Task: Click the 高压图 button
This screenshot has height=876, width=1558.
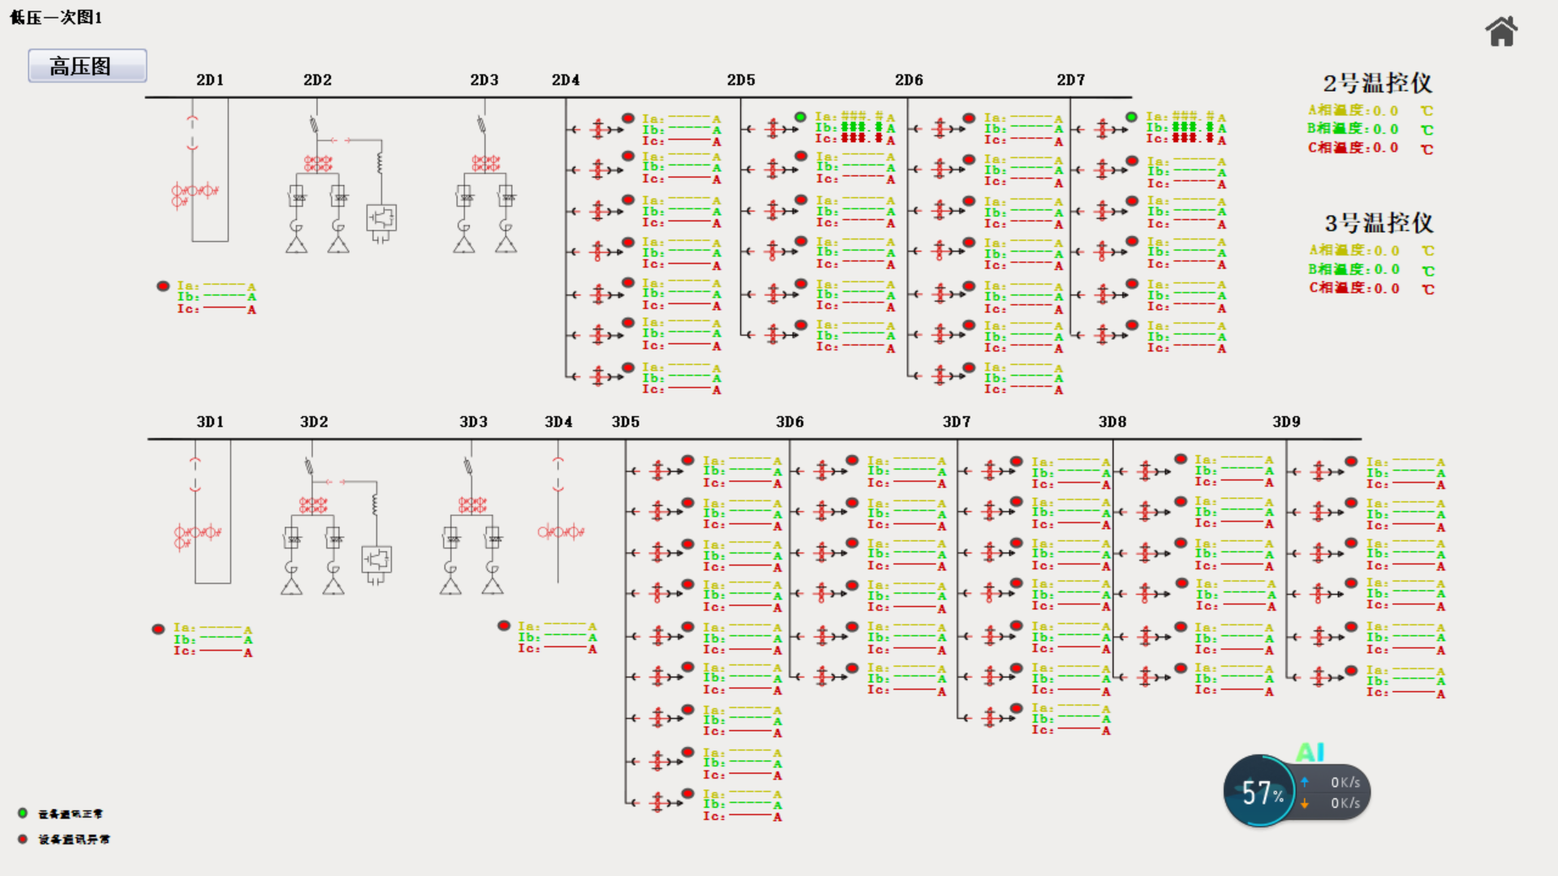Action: click(87, 66)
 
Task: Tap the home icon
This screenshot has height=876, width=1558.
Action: click(1501, 32)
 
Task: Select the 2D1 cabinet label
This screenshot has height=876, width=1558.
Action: click(209, 79)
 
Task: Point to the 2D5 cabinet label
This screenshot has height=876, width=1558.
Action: click(741, 79)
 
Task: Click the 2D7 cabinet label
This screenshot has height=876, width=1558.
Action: click(1070, 79)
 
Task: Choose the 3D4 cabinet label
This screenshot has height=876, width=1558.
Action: click(558, 422)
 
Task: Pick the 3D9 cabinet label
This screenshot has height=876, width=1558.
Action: click(1286, 422)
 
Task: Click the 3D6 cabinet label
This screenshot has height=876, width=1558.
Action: click(790, 422)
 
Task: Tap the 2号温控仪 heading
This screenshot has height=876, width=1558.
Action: click(1377, 83)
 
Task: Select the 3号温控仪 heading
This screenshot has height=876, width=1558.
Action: click(1379, 223)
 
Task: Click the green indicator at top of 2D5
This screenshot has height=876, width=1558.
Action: click(800, 118)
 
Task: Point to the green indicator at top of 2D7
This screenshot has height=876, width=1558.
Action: click(1131, 118)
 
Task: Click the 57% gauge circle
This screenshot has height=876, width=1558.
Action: click(1260, 792)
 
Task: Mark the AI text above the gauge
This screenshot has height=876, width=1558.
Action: click(1311, 752)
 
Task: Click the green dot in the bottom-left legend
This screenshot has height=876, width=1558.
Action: click(23, 813)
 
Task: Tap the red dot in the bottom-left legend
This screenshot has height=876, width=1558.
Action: click(23, 839)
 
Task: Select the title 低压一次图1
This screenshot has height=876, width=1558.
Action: click(56, 17)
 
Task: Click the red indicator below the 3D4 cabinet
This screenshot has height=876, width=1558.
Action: click(504, 625)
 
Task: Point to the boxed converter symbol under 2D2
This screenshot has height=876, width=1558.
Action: click(381, 218)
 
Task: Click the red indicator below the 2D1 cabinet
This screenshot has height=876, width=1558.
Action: click(163, 286)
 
